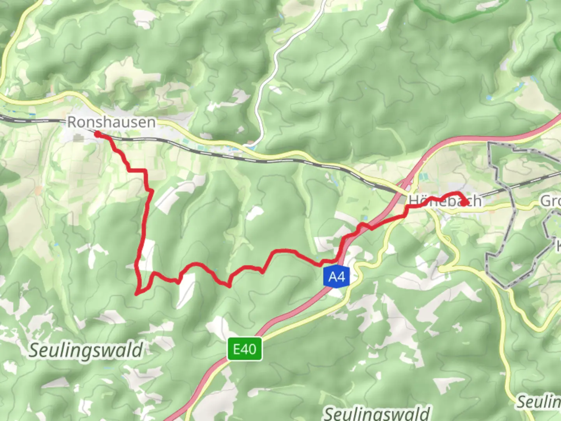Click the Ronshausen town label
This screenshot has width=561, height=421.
click(x=111, y=122)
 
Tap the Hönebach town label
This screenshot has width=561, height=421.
click(x=445, y=201)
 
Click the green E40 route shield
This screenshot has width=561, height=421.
click(x=245, y=349)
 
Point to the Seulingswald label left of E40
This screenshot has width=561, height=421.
click(x=86, y=350)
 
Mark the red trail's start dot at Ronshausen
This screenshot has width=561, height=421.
click(x=97, y=134)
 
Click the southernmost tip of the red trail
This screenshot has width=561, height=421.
click(x=137, y=294)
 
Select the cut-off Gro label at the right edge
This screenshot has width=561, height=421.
click(x=550, y=201)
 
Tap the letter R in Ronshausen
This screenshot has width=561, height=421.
click(x=72, y=122)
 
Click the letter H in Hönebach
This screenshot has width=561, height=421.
click(x=413, y=201)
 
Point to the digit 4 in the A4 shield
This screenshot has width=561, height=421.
click(x=341, y=277)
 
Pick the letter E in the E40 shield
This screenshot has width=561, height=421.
click(x=236, y=349)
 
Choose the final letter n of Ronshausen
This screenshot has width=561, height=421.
click(x=151, y=123)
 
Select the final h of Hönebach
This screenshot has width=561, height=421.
click(x=476, y=201)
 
